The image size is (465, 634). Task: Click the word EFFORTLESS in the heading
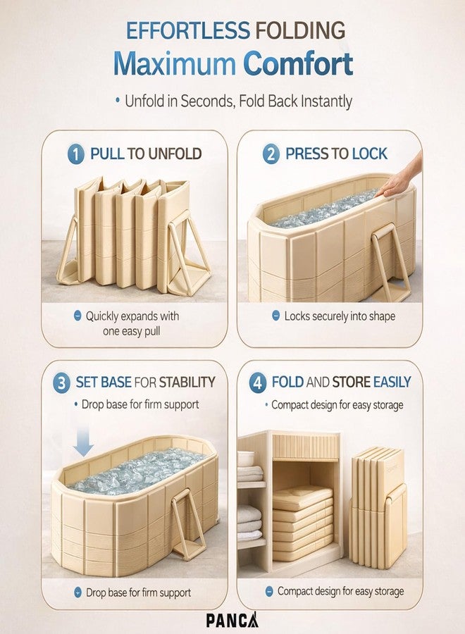187,30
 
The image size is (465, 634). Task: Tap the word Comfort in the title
298,63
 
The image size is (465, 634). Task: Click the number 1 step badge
75,154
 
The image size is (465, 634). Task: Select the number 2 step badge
271,154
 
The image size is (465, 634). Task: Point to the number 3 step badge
61,383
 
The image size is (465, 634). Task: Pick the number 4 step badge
257,383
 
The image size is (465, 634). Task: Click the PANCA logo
232,620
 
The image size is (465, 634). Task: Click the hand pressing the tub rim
400,177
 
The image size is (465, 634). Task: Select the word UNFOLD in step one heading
175,154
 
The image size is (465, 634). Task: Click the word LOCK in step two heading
370,154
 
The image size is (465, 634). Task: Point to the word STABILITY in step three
187,382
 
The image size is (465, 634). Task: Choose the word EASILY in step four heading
392,382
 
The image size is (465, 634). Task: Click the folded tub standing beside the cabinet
378,508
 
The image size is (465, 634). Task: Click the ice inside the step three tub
137,471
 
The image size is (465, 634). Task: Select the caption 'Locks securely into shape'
340,316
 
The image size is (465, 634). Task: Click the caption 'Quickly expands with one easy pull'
132,323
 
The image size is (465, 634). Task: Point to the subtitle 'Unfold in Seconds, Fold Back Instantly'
238,101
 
